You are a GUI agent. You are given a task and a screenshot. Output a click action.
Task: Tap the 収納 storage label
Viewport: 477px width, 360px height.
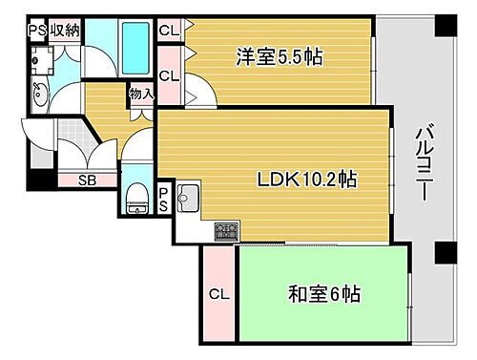[x=65, y=30]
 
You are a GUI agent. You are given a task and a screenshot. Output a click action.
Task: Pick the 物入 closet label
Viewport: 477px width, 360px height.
[x=140, y=95]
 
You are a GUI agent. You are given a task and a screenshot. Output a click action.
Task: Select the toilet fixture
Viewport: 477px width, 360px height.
[x=136, y=200]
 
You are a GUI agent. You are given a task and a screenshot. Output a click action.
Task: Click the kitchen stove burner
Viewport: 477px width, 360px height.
[x=227, y=230]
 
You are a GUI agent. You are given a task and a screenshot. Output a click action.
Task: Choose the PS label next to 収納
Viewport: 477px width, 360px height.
[x=36, y=30]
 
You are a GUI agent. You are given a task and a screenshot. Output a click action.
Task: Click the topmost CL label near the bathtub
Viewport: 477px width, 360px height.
[x=168, y=31]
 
